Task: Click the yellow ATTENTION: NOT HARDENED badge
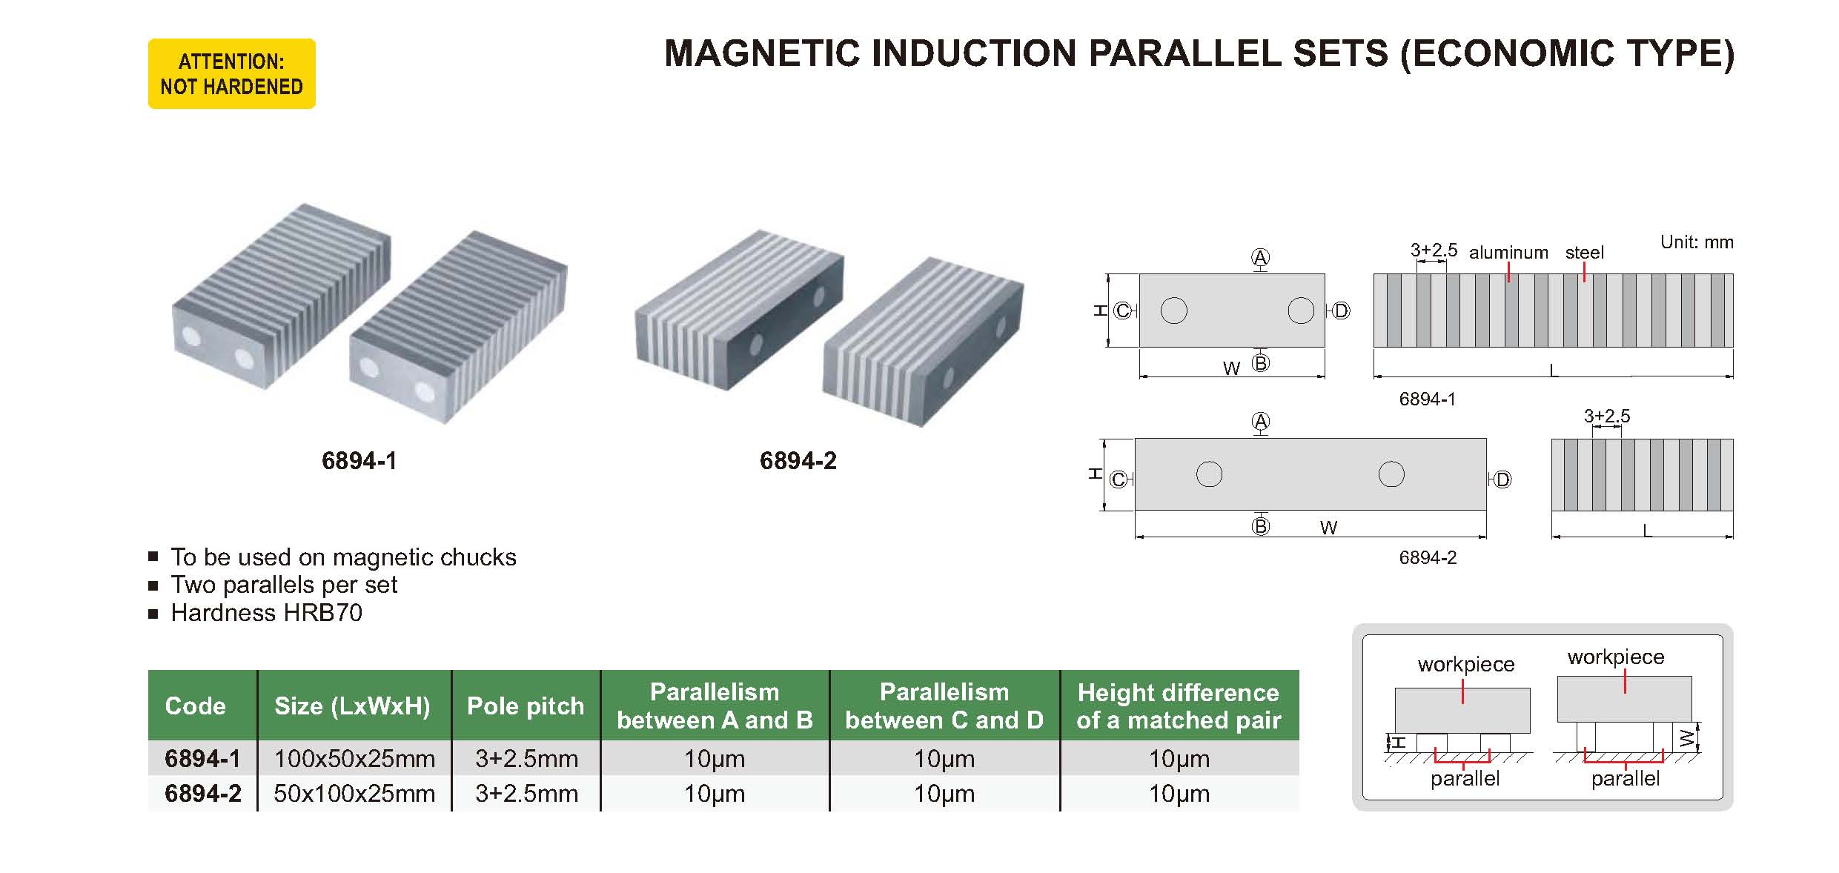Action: [232, 74]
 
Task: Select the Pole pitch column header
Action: [526, 706]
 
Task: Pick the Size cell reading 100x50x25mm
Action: [354, 758]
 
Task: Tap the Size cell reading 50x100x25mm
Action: [354, 793]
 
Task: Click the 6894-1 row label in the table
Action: [203, 758]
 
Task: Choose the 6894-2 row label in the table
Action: [203, 793]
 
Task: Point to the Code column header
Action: [195, 706]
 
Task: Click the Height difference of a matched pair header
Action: [1179, 706]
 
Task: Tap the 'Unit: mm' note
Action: [1697, 242]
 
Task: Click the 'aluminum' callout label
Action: [1508, 253]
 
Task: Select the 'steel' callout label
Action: [1585, 253]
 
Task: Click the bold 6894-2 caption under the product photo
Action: [798, 461]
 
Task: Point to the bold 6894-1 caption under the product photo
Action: [359, 461]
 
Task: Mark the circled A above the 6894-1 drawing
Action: [1260, 257]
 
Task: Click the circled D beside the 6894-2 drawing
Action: [1502, 479]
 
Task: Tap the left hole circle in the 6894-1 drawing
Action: [1174, 311]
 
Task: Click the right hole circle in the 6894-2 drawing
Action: [1391, 474]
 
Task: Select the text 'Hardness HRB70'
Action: [267, 613]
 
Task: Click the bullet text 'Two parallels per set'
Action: [284, 585]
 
